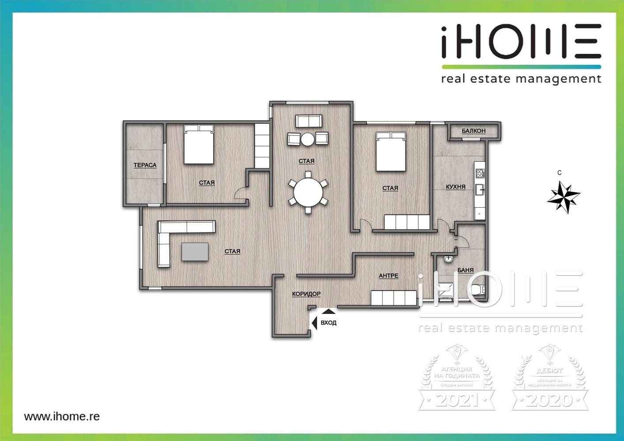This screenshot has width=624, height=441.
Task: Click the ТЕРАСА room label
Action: point(145,165)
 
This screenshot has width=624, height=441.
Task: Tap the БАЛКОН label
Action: point(474,131)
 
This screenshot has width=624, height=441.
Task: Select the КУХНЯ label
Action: point(455,187)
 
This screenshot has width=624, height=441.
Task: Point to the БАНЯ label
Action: point(466,270)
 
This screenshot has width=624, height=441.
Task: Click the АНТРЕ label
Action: point(388,276)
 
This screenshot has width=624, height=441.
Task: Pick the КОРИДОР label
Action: point(306,294)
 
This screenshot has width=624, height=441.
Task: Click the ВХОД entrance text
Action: point(328,323)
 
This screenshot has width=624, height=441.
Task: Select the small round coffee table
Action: point(308,139)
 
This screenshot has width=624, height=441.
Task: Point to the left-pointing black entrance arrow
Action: point(314,323)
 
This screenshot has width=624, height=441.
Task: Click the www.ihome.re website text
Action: point(62,416)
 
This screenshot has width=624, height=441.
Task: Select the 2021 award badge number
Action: point(457,400)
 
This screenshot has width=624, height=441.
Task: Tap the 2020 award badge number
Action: point(550,400)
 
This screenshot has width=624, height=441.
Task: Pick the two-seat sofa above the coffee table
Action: point(308,121)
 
